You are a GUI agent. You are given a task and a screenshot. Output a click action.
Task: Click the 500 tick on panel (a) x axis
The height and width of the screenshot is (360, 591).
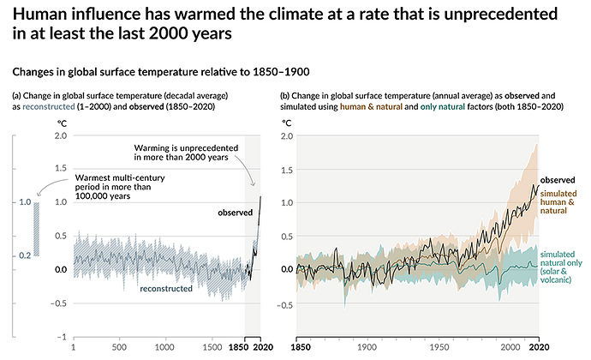[119, 348]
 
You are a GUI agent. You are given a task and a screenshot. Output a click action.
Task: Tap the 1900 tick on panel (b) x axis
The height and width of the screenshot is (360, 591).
[366, 348]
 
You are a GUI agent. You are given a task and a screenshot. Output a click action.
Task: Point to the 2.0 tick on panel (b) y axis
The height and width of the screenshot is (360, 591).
[288, 135]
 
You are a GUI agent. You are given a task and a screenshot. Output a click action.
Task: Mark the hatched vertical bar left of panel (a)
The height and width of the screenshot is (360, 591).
[36, 229]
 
